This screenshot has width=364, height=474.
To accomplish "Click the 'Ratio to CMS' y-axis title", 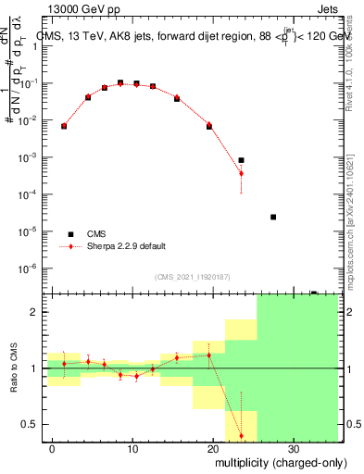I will [x=14, y=368].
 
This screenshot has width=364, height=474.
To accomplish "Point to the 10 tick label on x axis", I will [x=133, y=447].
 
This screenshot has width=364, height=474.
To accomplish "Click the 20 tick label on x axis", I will [x=213, y=447].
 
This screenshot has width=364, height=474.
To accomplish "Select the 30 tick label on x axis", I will [x=293, y=447].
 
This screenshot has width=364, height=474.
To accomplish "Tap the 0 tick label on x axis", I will [x=54, y=447].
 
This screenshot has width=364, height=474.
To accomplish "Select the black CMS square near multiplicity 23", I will [x=241, y=160].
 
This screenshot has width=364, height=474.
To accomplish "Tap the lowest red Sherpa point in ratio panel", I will [x=241, y=435].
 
